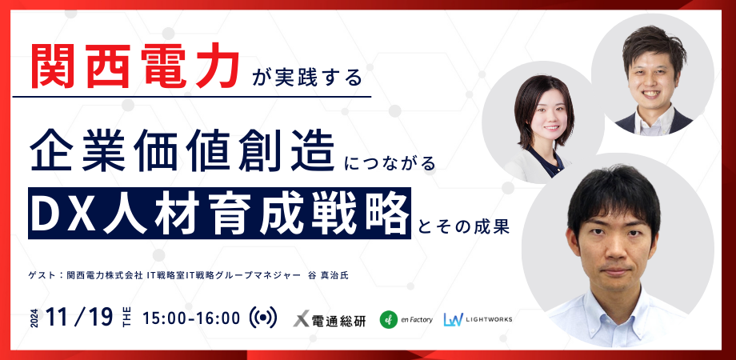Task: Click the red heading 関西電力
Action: click(x=135, y=66)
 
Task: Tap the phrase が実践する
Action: click(x=307, y=77)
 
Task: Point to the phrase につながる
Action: click(x=390, y=163)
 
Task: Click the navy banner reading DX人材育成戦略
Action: click(x=220, y=213)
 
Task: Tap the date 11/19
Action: click(x=80, y=318)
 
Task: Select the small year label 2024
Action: click(x=34, y=318)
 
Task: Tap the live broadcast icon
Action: click(x=263, y=318)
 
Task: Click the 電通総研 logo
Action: click(x=330, y=320)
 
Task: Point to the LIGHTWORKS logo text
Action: click(x=489, y=320)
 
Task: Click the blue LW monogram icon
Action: click(x=453, y=320)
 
